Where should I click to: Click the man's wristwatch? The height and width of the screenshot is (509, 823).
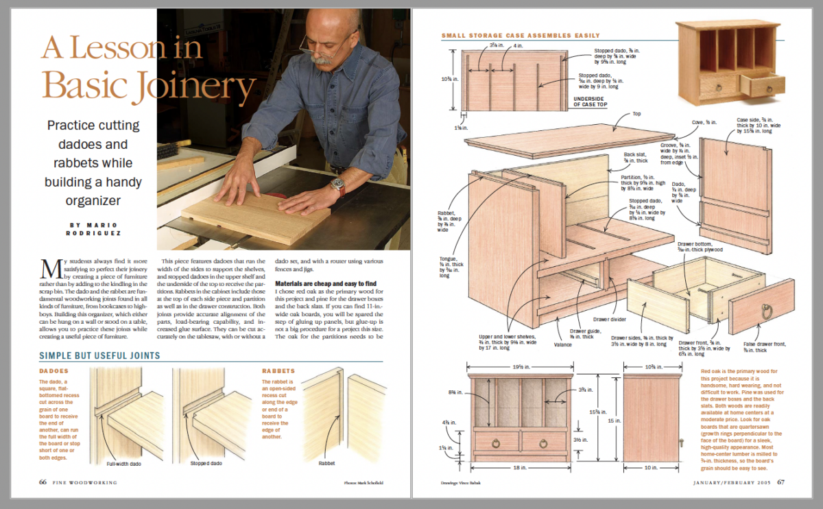coord(336,184)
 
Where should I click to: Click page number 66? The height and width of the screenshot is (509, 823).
coord(43,482)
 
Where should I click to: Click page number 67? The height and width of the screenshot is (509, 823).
coord(781,482)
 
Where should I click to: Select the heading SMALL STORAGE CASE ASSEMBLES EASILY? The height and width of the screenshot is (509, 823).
coord(521,36)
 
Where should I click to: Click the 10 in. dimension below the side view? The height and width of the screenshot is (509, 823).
coord(652,468)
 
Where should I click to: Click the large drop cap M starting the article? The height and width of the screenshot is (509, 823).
coord(48,268)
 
